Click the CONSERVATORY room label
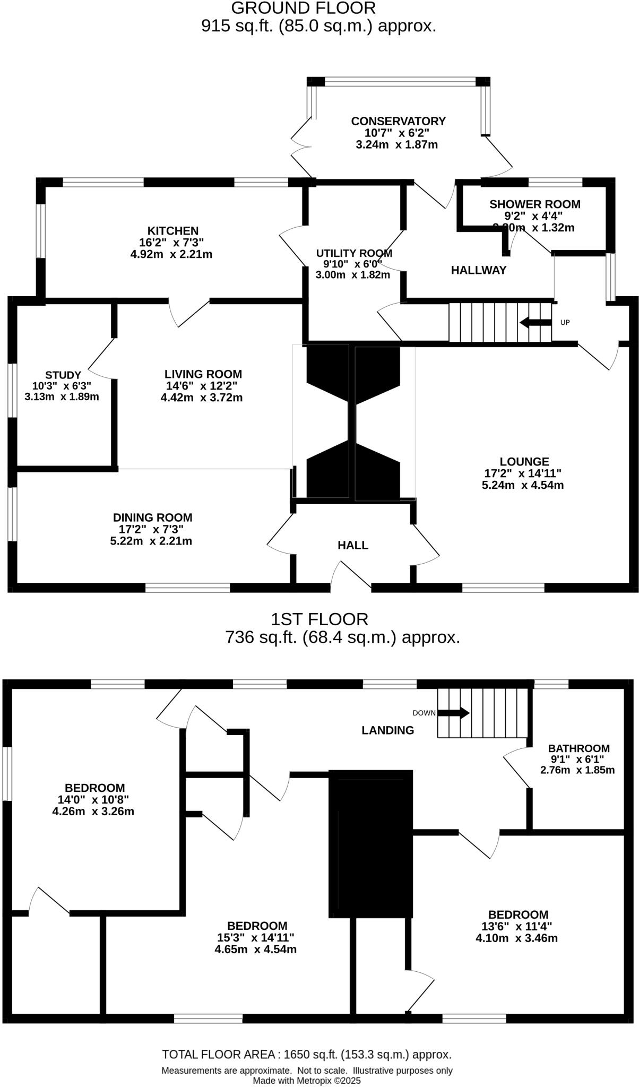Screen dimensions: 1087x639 pos(398,121)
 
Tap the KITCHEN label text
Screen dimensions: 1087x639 pos(172,231)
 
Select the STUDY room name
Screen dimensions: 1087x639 pos(63,375)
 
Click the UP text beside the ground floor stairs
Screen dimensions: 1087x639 pos(565,322)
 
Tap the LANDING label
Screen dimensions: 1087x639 pos(387,730)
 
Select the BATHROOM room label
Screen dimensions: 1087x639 pos(578,748)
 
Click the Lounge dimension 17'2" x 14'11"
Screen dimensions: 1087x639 pos(523,473)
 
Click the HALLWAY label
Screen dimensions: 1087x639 pos(479,270)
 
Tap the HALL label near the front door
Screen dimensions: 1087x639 pos(353,545)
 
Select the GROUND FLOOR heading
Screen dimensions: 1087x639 pos(303,8)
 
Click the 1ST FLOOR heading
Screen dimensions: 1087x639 pos(319,619)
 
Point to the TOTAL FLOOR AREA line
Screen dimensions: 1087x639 pos(307,1055)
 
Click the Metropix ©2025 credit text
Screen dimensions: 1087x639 pos(307,1081)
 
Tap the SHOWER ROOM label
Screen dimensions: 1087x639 pos(534,204)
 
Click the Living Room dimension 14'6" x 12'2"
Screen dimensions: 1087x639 pos(202,386)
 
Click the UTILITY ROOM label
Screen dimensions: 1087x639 pos(353,253)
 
